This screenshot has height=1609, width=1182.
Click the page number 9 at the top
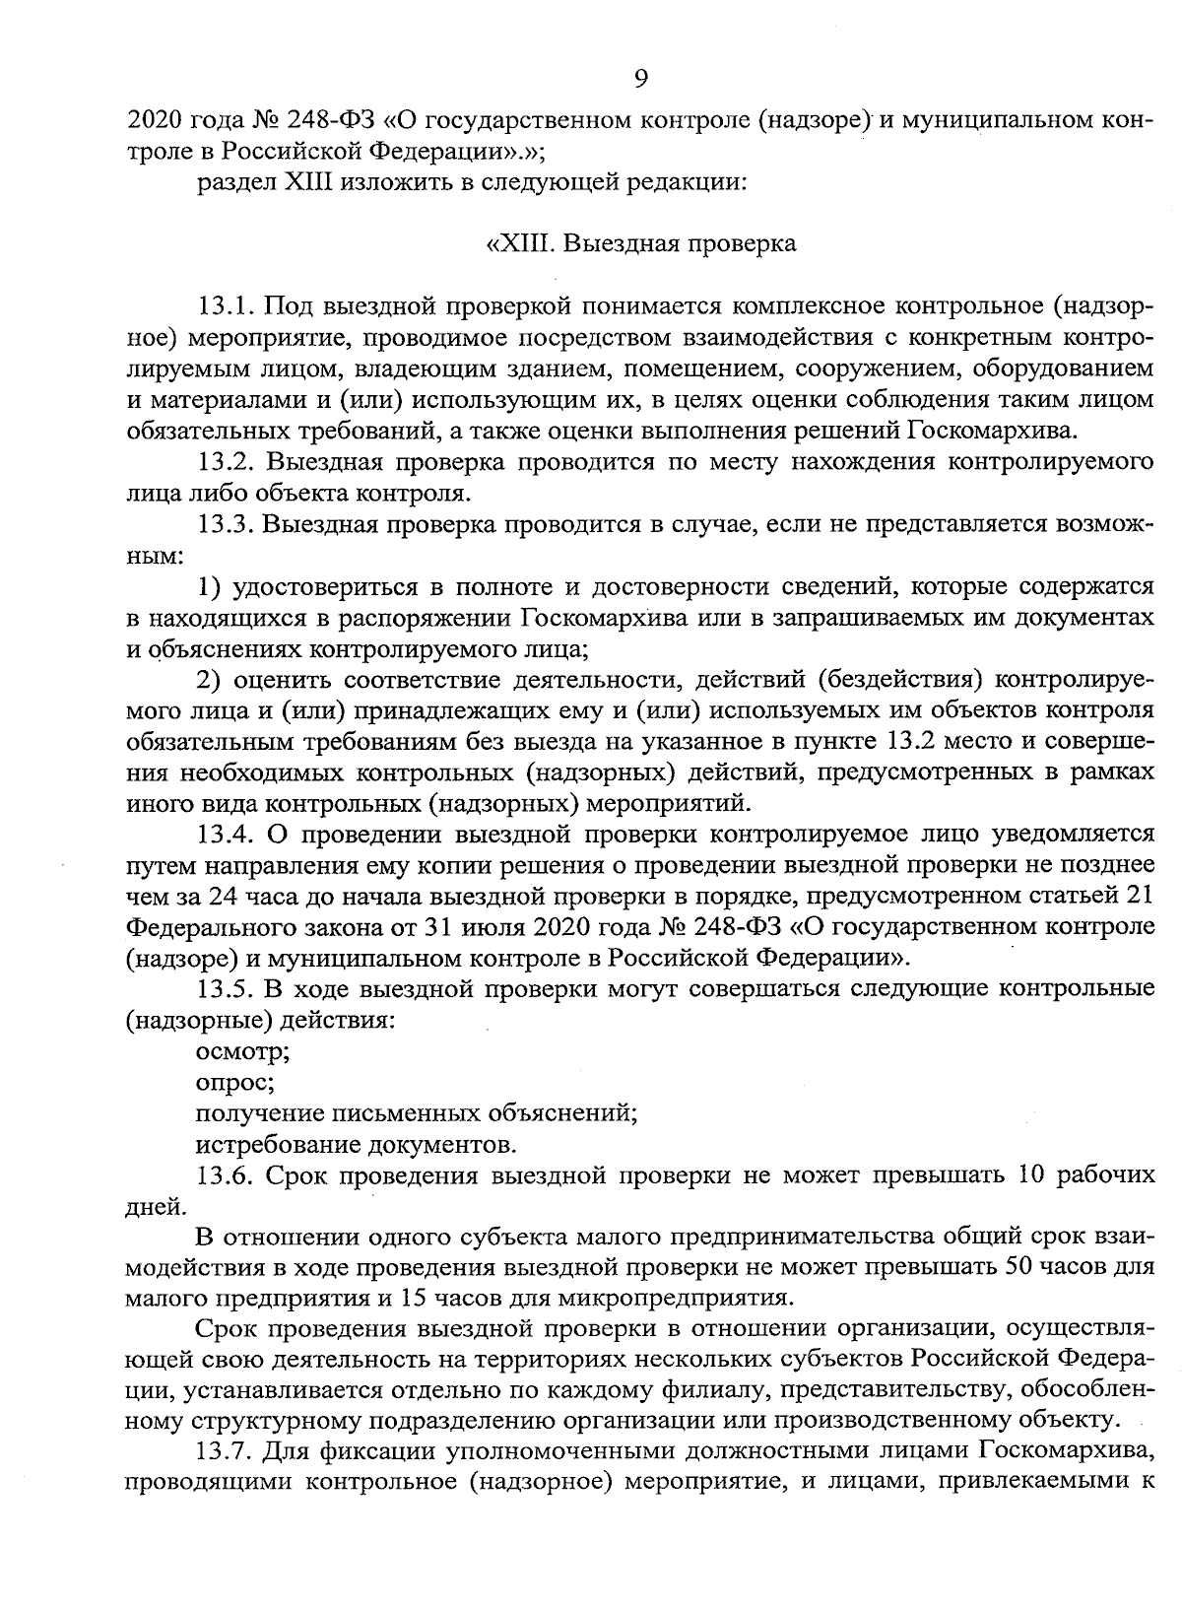click(x=640, y=80)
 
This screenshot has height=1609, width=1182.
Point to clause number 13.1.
click(x=224, y=306)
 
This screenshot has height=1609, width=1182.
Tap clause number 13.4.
click(x=224, y=834)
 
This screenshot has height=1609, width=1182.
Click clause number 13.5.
click(x=224, y=988)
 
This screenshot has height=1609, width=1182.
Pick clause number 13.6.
click(x=224, y=1174)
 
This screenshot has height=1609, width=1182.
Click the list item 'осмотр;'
click(x=242, y=1051)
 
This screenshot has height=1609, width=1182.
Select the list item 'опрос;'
click(x=234, y=1083)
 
